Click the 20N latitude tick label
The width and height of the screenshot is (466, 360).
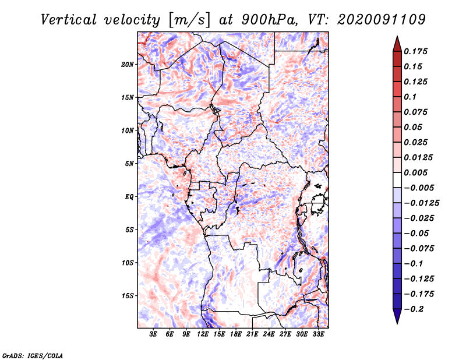coord(128,64)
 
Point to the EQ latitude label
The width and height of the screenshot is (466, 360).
coord(129,197)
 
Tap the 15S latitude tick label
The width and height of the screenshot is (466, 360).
coord(128,296)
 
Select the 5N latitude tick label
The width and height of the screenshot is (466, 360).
coord(129,164)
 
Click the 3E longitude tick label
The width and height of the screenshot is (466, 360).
coord(153,334)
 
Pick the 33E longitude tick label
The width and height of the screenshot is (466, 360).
coord(319,334)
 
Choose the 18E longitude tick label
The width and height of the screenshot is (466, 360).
coord(236,334)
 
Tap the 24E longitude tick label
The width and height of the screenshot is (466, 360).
coord(269,334)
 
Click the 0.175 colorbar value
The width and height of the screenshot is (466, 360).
coord(417,51)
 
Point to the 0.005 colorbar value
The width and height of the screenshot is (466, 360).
coord(417,172)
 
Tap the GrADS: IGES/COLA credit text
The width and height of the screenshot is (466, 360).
coord(33,354)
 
